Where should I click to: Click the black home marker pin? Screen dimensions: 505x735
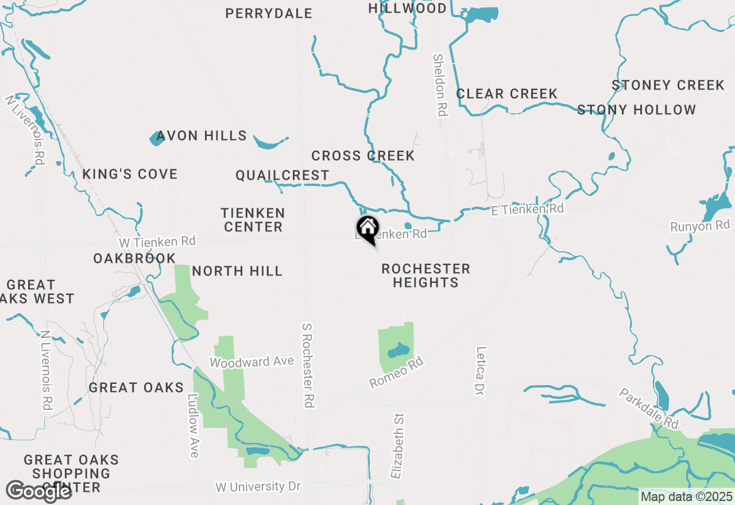click(x=368, y=228)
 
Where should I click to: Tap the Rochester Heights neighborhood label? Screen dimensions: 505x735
click(x=425, y=275)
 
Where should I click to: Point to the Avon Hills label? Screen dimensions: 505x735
click(x=202, y=136)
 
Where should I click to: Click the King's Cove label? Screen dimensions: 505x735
click(x=130, y=174)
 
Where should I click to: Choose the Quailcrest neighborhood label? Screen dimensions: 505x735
click(x=283, y=176)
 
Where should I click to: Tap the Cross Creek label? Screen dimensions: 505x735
click(x=363, y=156)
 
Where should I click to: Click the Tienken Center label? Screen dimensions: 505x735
click(x=253, y=220)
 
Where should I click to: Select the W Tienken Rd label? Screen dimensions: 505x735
click(x=157, y=242)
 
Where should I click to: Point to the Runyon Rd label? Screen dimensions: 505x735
click(x=699, y=226)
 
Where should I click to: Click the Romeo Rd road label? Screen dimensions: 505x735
click(x=396, y=371)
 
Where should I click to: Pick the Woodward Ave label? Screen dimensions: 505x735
click(x=252, y=362)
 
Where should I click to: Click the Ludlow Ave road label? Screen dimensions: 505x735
click(x=193, y=425)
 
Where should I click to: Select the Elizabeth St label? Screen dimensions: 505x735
click(x=397, y=446)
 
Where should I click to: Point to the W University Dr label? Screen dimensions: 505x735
click(x=258, y=487)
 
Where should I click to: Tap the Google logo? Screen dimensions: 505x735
click(x=38, y=491)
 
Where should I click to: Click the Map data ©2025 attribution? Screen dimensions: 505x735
click(x=687, y=497)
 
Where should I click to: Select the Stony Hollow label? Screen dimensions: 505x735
click(x=636, y=110)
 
